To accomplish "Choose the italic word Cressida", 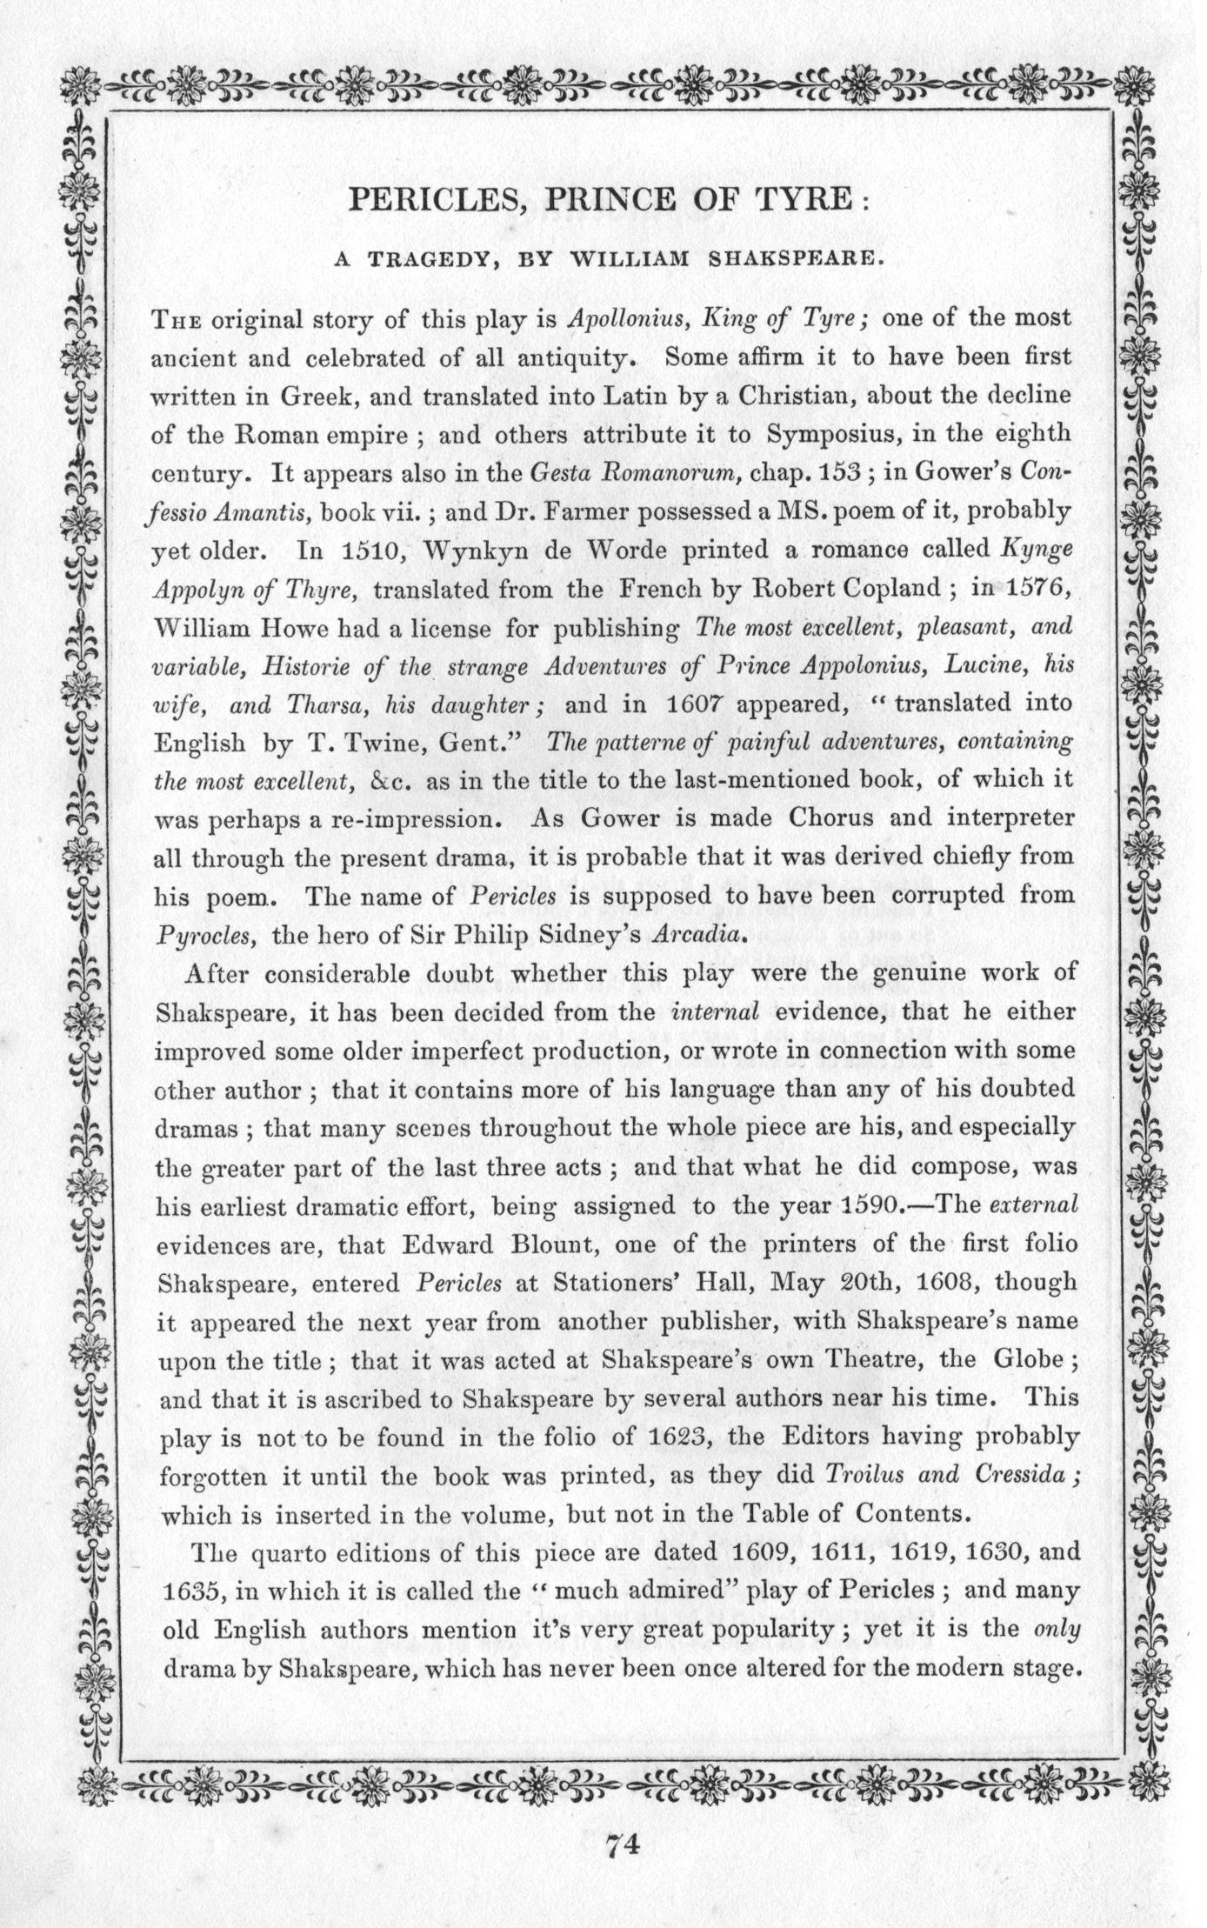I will tap(1023, 1474).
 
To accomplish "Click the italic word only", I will tap(1057, 1628).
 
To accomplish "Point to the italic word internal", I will tap(717, 1012).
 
